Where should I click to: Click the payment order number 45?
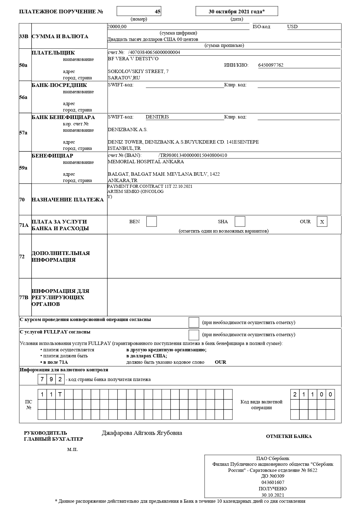pos(158,12)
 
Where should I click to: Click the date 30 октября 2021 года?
pos(236,12)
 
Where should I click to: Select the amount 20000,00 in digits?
pos(117,27)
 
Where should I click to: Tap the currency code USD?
pos(292,27)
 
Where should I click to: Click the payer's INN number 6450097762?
pos(271,65)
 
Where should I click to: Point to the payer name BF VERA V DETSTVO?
pos(133,59)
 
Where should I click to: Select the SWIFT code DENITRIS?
pos(157,117)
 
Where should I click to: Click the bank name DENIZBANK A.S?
pos(128,130)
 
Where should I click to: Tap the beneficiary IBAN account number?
pos(193,155)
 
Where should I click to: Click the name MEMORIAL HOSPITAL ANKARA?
pos(146,162)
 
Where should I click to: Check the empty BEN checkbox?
pos(152,221)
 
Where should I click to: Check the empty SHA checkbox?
pos(240,221)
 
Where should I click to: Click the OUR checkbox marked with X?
pos(322,222)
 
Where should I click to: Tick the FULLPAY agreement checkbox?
pos(194,335)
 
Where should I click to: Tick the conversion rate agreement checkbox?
pos(194,322)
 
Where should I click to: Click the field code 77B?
pos(24,297)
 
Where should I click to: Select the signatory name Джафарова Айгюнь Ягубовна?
pos(142,433)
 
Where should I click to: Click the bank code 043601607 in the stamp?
pos(273,482)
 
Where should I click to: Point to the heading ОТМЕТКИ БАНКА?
pos(289,436)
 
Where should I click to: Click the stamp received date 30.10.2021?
pos(273,495)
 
